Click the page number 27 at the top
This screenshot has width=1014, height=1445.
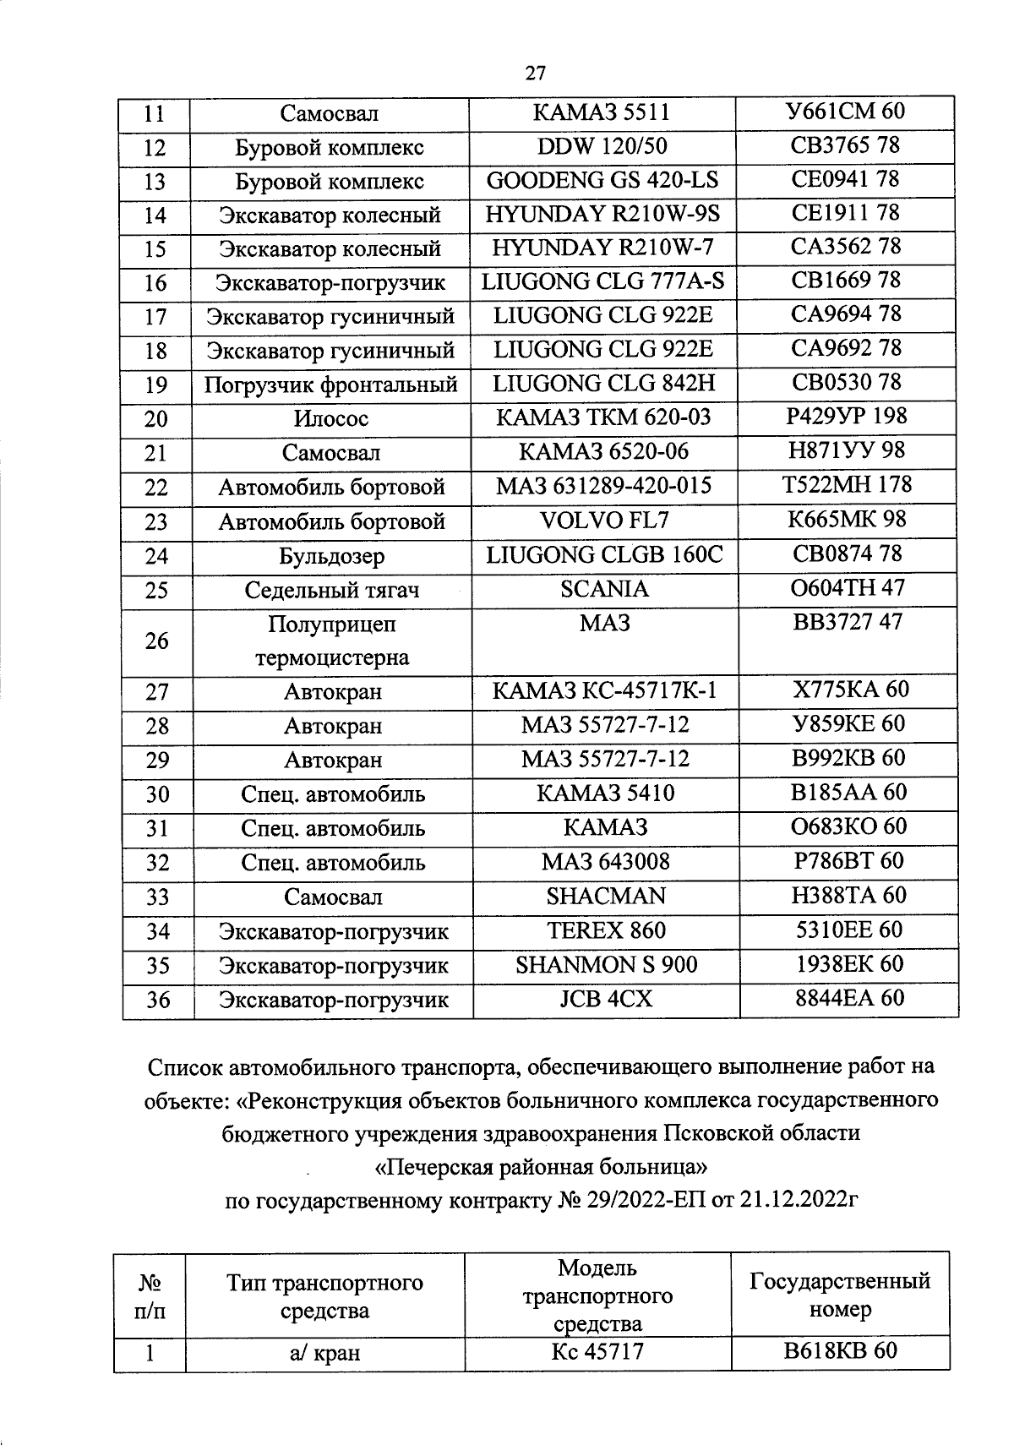536,73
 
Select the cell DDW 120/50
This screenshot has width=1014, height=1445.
602,146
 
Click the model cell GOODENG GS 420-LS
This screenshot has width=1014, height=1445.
602,180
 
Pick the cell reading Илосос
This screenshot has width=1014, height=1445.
331,419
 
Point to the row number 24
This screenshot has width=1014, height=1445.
156,556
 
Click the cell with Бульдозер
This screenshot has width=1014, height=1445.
331,556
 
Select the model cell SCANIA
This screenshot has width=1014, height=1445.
604,589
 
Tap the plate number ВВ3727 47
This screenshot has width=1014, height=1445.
847,623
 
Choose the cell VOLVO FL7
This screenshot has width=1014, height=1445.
603,521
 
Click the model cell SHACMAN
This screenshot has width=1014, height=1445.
606,896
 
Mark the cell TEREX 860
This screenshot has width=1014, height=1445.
606,930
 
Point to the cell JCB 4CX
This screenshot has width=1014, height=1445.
606,999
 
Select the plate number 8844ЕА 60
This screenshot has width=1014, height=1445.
849,999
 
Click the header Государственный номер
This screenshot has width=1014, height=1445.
840,1295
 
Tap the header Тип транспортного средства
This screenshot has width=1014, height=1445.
324,1297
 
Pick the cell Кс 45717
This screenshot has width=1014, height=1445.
597,1352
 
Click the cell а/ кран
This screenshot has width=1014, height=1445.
324,1353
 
